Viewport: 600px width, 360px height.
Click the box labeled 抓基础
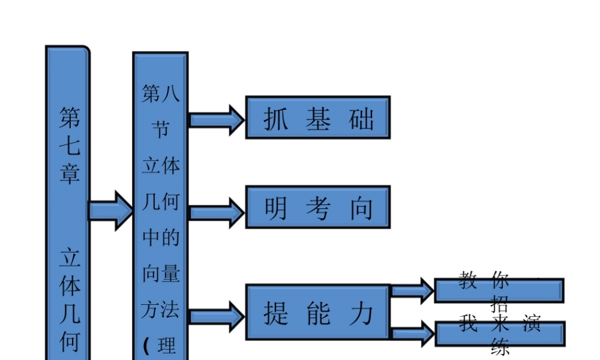coord(317,118)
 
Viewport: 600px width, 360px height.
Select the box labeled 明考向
coord(317,207)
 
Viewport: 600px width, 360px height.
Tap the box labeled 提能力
coord(317,312)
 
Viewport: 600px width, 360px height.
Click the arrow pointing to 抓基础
coord(217,119)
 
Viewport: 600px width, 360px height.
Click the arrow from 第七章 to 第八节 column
coord(111,211)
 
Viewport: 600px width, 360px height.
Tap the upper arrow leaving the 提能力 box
coord(412,291)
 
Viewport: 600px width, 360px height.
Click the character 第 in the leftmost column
coord(69,118)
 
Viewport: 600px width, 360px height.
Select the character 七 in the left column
coord(69,146)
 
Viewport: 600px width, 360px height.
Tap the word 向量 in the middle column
coord(160,274)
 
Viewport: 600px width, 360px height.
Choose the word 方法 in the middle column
coord(160,310)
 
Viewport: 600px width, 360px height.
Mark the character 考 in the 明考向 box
coord(318,208)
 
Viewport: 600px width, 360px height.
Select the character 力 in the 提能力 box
coord(361,313)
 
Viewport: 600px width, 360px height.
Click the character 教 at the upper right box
coord(468,280)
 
